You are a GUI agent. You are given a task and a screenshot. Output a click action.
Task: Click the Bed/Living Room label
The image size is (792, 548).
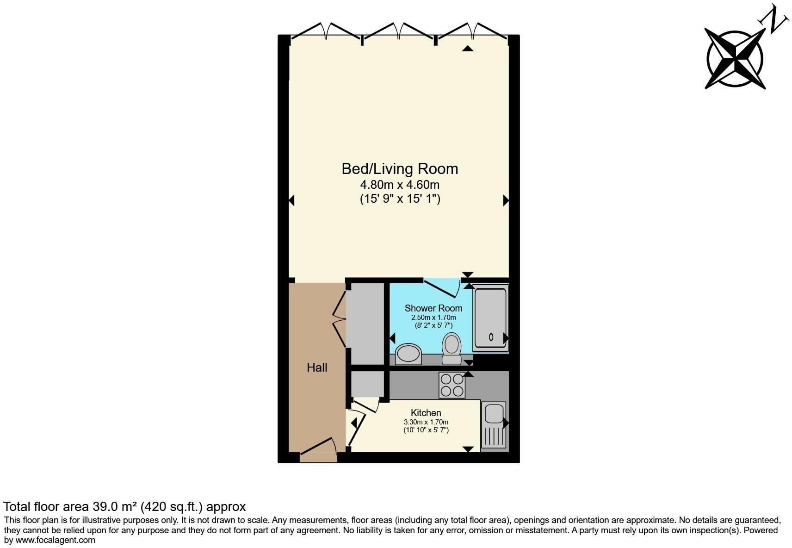pyautogui.click(x=400, y=169)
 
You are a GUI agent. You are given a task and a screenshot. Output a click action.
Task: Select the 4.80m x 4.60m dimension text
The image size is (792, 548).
pyautogui.click(x=400, y=185)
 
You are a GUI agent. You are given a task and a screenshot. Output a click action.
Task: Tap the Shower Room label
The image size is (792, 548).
pyautogui.click(x=433, y=308)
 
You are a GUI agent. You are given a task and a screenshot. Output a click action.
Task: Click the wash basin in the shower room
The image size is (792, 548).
pyautogui.click(x=408, y=354)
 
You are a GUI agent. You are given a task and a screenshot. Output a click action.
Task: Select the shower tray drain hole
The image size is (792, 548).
pyautogui.click(x=491, y=337)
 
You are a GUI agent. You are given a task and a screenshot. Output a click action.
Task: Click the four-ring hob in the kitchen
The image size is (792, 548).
pyautogui.click(x=452, y=385)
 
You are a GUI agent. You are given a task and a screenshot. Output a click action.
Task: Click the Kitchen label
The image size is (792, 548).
pyautogui.click(x=426, y=413)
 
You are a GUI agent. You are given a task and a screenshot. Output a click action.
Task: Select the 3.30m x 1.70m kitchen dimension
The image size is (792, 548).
pyautogui.click(x=426, y=422)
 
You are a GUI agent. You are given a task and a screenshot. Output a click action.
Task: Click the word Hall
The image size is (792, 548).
pyautogui.click(x=317, y=367)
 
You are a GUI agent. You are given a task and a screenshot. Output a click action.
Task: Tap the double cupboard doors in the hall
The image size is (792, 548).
pyautogui.click(x=340, y=319)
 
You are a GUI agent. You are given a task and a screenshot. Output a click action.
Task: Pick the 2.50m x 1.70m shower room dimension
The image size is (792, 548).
pyautogui.click(x=433, y=318)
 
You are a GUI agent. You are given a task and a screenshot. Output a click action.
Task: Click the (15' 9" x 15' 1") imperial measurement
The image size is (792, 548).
pyautogui.click(x=400, y=199)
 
